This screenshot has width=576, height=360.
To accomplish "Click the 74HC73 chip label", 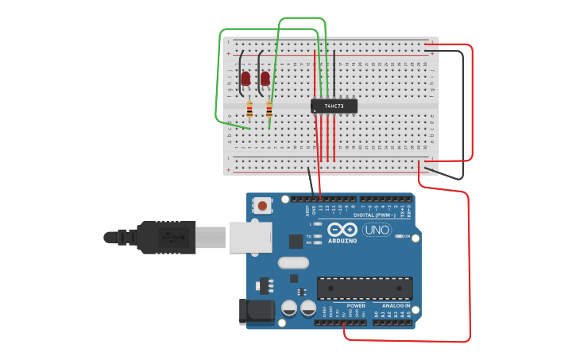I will point(334,106).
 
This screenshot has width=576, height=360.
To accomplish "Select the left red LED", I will point(245,78).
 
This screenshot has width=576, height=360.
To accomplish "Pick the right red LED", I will point(265,78).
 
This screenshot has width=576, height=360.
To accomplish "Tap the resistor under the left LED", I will point(249,110).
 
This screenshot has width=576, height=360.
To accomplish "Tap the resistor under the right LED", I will point(269,110).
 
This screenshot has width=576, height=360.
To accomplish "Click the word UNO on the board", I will point(377,230).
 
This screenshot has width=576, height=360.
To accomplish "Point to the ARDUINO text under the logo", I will point(342,240).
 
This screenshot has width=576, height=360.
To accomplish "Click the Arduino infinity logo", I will point(342,230).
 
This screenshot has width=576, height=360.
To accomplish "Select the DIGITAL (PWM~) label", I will point(374,215).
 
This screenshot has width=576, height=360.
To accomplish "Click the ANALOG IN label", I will point(396,305).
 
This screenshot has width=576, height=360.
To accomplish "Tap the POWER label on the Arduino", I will point(356,305).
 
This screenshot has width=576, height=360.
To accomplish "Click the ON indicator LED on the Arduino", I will point(397,236).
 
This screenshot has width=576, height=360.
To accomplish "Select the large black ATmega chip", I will point(365,288).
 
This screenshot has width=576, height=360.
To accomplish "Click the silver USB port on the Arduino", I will point(250,237).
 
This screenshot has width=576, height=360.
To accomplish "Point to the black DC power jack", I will point(257,312).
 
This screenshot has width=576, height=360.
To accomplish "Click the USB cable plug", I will point(167,237).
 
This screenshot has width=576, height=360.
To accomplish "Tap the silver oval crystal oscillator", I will point(292,262).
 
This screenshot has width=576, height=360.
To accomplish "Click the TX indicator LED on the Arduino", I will point(319,236).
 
